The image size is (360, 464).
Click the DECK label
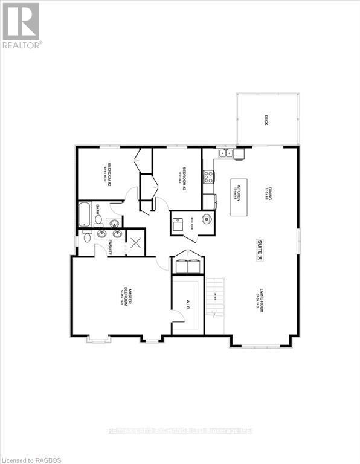click(x=266, y=119)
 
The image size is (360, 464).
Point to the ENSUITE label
click(x=111, y=248)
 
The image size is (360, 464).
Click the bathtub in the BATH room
click(x=85, y=215)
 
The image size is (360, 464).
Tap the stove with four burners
click(x=208, y=177)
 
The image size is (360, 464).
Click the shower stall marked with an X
click(x=135, y=243)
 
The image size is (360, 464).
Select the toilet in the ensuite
click(x=86, y=237)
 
